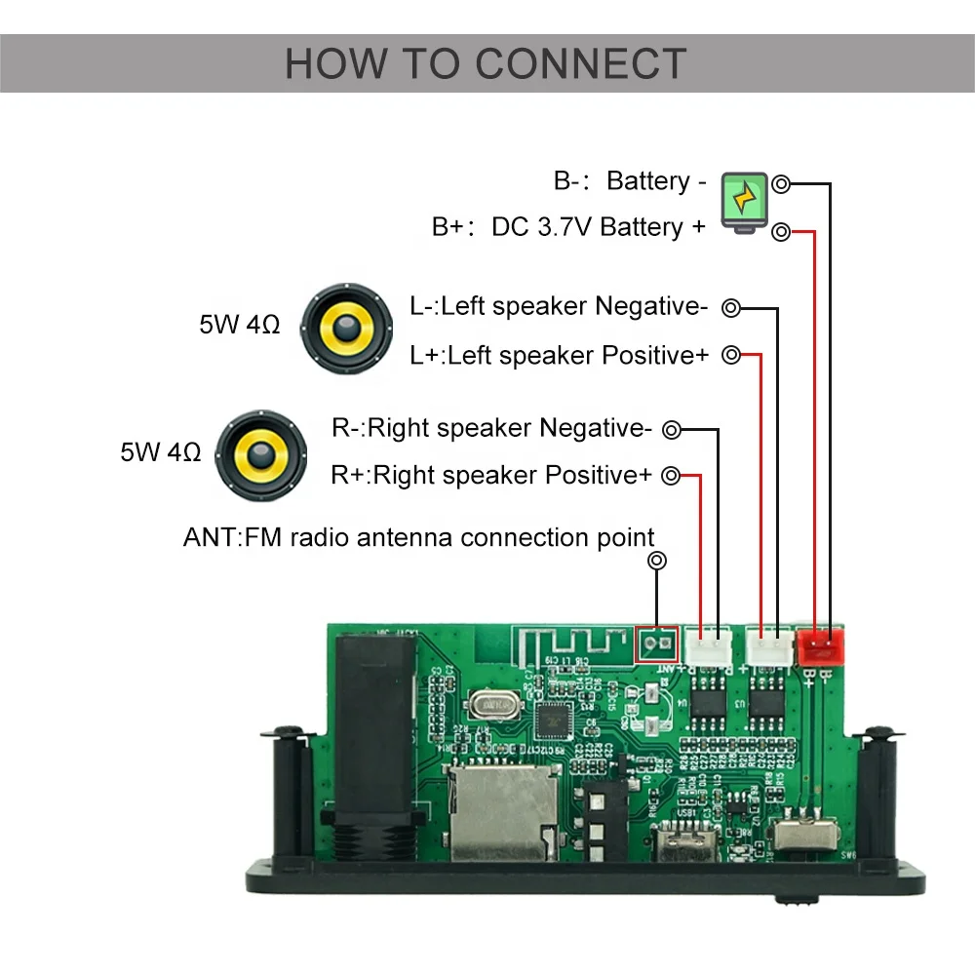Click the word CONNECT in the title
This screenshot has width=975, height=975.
click(x=581, y=64)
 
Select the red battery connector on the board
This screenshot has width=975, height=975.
click(x=820, y=644)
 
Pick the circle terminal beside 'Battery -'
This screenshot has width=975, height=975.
click(x=781, y=183)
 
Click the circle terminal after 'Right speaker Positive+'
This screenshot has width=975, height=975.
click(x=671, y=476)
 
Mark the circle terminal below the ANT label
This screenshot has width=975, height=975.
click(x=657, y=561)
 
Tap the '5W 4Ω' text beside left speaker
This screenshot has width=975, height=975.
click(x=240, y=325)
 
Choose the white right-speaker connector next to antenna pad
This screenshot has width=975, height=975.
click(x=709, y=645)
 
